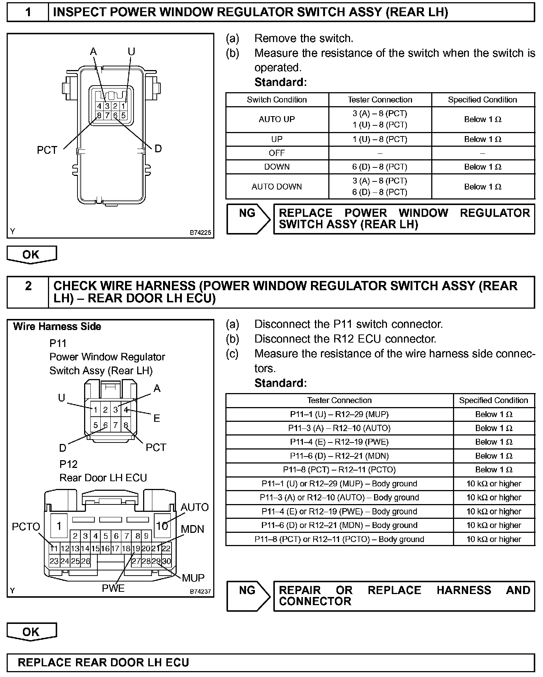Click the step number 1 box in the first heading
point(28,12)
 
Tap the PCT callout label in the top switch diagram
point(47,150)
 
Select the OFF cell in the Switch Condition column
point(277,153)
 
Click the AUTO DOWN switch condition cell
point(277,187)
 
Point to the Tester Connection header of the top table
point(380,100)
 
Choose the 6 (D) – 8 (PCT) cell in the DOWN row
point(380,167)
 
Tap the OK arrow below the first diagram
point(31,254)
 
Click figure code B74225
point(200,233)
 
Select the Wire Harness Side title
point(57,326)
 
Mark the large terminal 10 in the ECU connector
point(162,526)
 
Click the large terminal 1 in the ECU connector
point(59,526)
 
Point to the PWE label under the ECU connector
point(113,588)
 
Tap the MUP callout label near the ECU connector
point(193,578)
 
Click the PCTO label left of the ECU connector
point(26,527)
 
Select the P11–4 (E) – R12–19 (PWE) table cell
point(339,442)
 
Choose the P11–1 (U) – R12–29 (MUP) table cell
point(339,414)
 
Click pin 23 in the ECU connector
point(54,561)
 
